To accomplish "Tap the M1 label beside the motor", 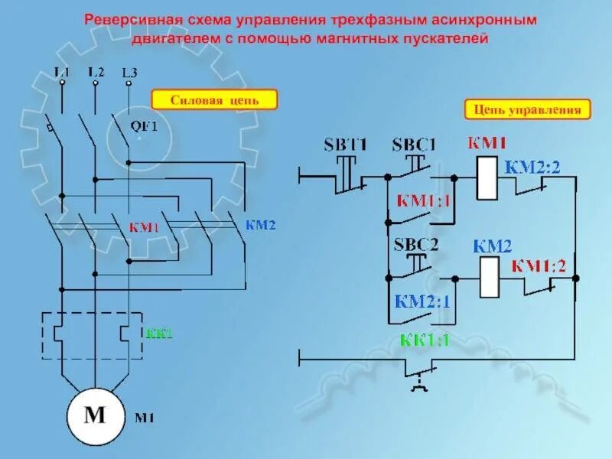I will click(145, 418).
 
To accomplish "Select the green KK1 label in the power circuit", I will click(159, 334).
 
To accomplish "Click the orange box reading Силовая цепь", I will click(213, 100).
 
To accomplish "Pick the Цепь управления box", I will click(528, 110).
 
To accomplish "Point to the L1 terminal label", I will click(62, 72).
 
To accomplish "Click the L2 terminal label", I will click(96, 72).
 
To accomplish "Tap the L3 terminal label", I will click(129, 73).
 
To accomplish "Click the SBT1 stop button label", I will click(346, 144).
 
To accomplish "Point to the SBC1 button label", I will click(413, 144).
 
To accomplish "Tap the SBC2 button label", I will click(415, 246).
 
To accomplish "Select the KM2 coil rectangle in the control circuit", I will click(490, 278).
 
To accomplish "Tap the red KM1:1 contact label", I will click(423, 200).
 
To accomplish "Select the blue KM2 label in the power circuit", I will click(260, 225).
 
